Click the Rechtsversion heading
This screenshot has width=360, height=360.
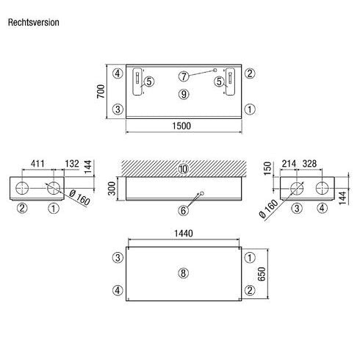(x=34, y=22)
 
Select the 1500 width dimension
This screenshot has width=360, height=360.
(x=181, y=126)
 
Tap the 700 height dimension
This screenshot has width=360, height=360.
(x=101, y=91)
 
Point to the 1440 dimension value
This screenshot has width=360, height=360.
(x=184, y=234)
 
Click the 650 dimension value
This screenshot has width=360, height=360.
(x=262, y=274)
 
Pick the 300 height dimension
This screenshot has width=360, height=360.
(x=112, y=188)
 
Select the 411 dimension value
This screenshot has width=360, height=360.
(x=37, y=163)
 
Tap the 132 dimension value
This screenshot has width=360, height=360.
(x=72, y=163)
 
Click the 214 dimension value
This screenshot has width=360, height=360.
(x=289, y=163)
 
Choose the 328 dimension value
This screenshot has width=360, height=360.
(x=309, y=163)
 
